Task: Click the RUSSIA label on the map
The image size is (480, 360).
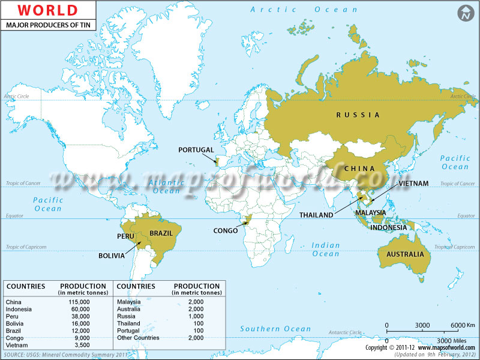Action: (358, 115)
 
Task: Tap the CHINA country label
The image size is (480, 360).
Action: (359, 169)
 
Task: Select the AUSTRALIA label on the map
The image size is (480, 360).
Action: (404, 254)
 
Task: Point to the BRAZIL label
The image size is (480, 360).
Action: (161, 233)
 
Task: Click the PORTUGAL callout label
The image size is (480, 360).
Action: (196, 149)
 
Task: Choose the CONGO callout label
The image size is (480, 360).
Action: (226, 230)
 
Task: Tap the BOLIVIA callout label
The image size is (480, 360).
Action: (112, 256)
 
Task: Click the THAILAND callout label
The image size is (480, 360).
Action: (316, 215)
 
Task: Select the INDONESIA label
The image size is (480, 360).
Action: (389, 228)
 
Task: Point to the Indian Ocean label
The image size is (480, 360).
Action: (326, 250)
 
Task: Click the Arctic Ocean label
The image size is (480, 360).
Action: (304, 10)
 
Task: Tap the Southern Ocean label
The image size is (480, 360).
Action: (275, 329)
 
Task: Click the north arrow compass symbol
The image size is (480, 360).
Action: (464, 13)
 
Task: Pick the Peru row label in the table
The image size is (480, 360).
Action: (12, 316)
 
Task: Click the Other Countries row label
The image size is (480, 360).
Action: (138, 338)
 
